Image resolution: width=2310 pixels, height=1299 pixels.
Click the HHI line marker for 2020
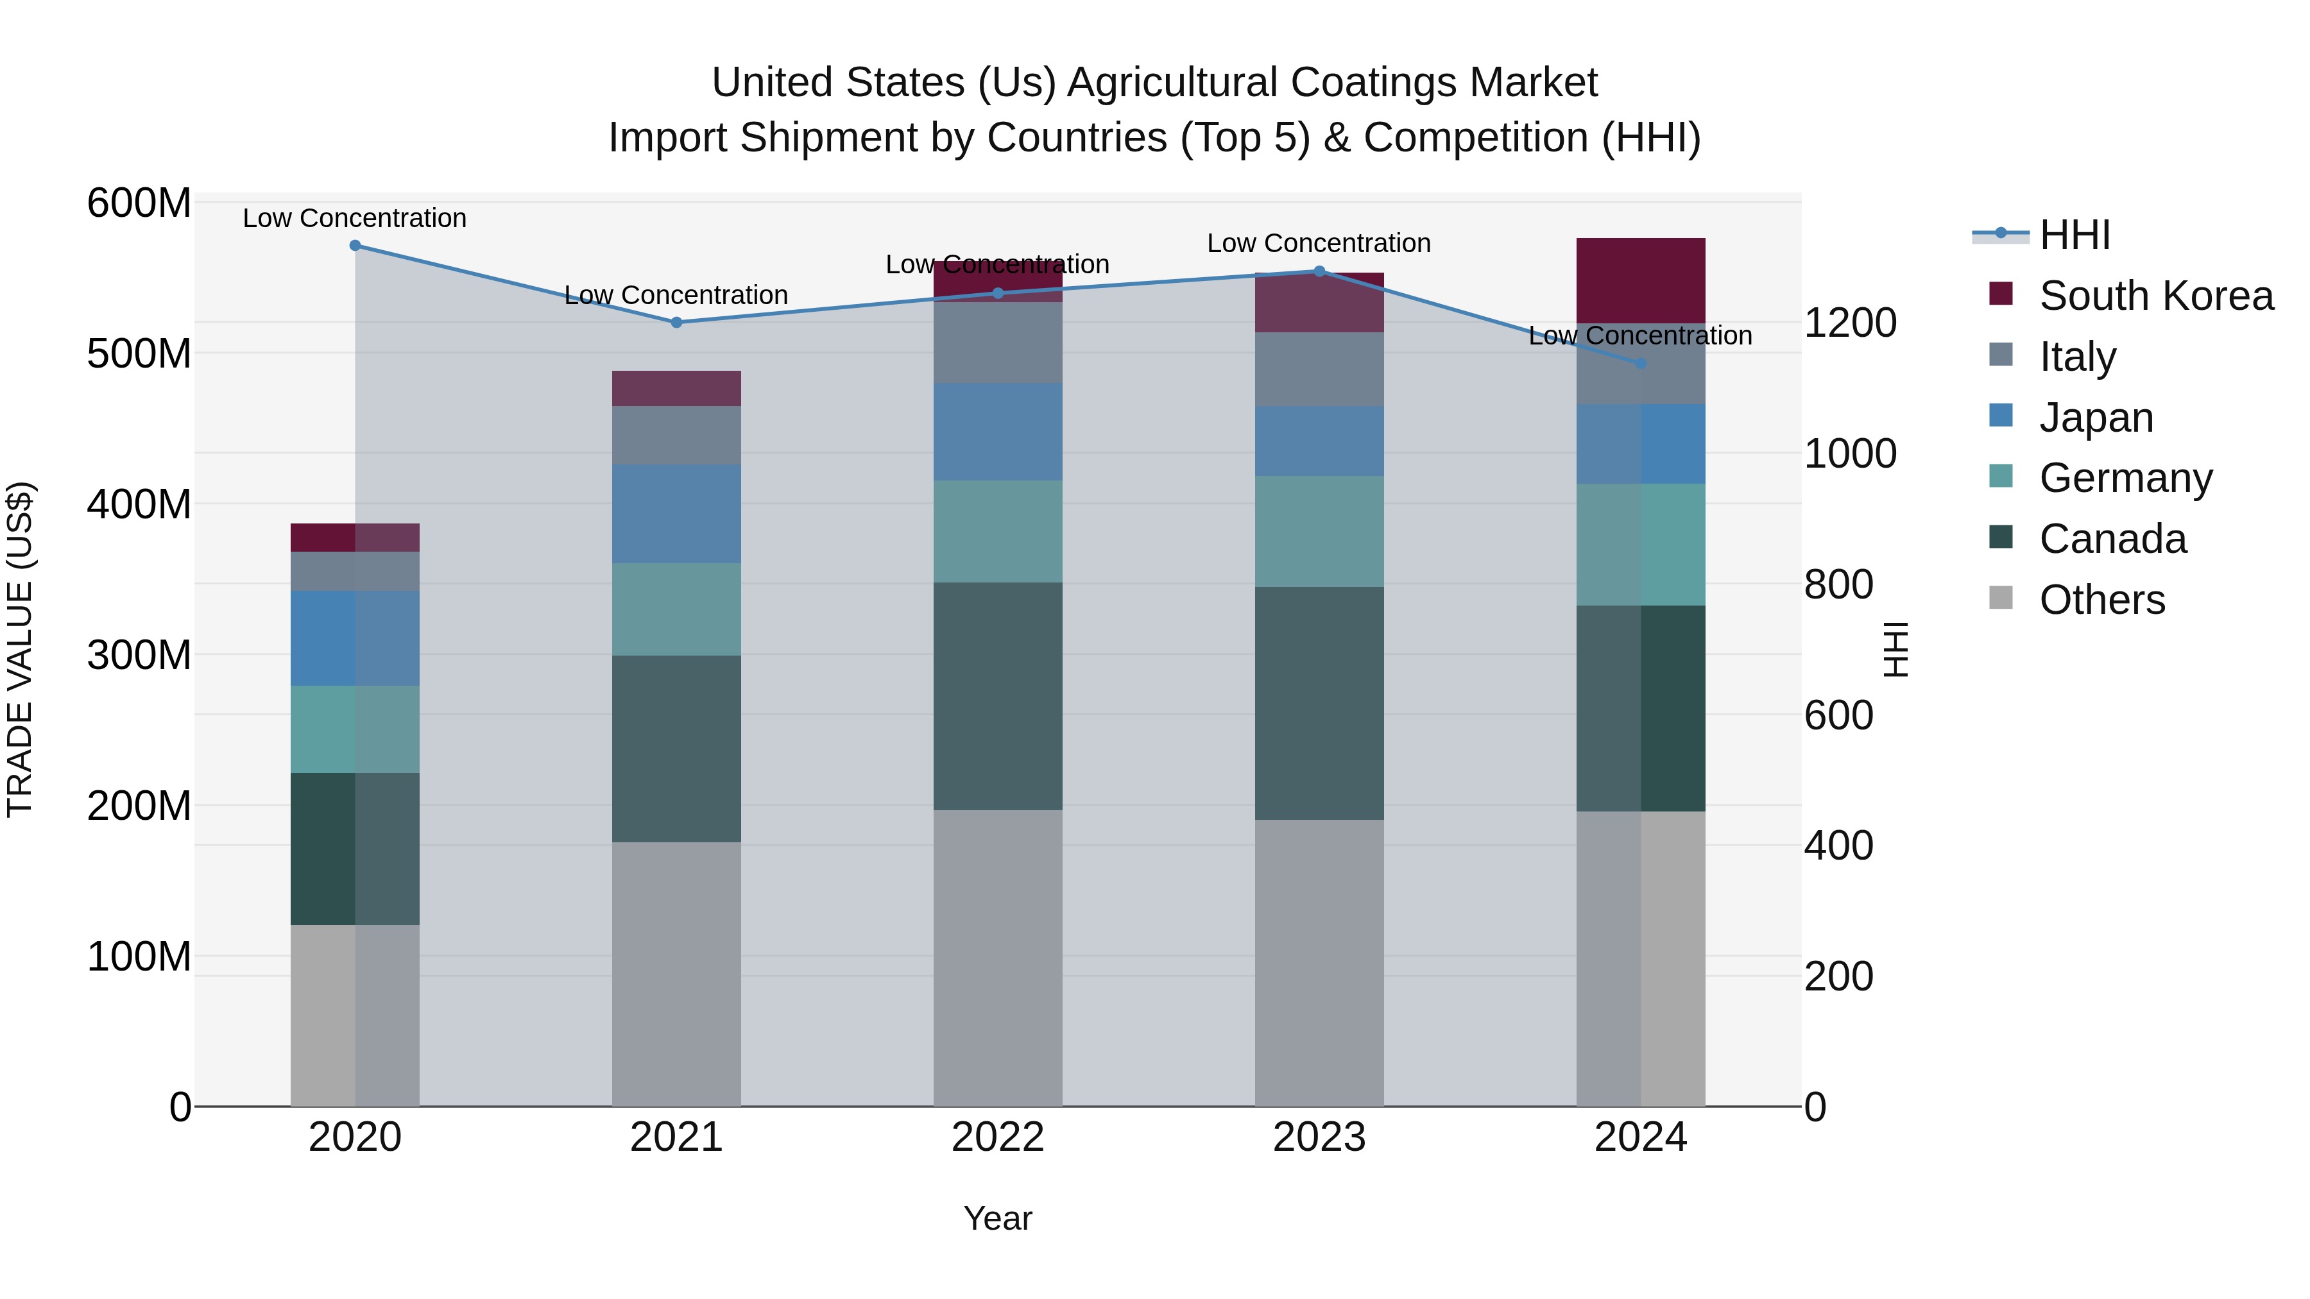pyautogui.click(x=355, y=246)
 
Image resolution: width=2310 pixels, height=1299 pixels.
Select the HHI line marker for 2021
pyautogui.click(x=676, y=323)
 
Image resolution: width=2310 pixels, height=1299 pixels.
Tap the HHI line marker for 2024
pyautogui.click(x=1640, y=364)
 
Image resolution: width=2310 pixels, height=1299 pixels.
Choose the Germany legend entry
pyautogui.click(x=2125, y=478)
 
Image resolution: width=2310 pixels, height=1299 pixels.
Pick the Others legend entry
pyautogui.click(x=2101, y=600)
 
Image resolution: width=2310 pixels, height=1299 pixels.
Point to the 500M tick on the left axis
pyautogui.click(x=139, y=354)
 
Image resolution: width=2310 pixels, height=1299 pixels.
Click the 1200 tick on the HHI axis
pyautogui.click(x=1849, y=323)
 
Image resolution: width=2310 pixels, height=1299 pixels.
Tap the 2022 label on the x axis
pyautogui.click(x=997, y=1137)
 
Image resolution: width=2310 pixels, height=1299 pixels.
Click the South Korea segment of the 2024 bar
pyautogui.click(x=1640, y=280)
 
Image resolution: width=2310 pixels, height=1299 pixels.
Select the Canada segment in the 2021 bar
pyautogui.click(x=676, y=749)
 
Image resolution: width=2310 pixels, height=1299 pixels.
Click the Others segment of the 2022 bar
pyautogui.click(x=997, y=958)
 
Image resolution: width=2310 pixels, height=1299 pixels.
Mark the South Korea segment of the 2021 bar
pyautogui.click(x=676, y=388)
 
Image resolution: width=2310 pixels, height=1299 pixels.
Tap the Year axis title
pyautogui.click(x=997, y=1218)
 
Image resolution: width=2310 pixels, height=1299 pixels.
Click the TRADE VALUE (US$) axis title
pyautogui.click(x=20, y=649)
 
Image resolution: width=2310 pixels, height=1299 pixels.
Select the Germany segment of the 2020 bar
pyautogui.click(x=355, y=729)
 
